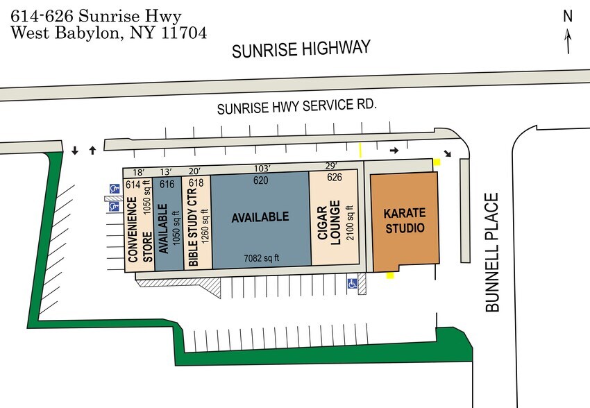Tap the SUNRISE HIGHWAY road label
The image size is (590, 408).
click(x=301, y=50)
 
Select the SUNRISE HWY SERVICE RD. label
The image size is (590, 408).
click(x=296, y=108)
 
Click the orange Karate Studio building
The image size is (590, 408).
click(x=405, y=220)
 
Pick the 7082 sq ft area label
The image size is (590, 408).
click(x=261, y=258)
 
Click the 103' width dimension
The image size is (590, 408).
click(x=260, y=167)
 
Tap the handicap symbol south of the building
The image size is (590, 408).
click(x=352, y=283)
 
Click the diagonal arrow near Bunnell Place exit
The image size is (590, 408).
click(x=446, y=153)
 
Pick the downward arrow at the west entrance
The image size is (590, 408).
click(x=75, y=151)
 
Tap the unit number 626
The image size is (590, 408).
click(x=335, y=178)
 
